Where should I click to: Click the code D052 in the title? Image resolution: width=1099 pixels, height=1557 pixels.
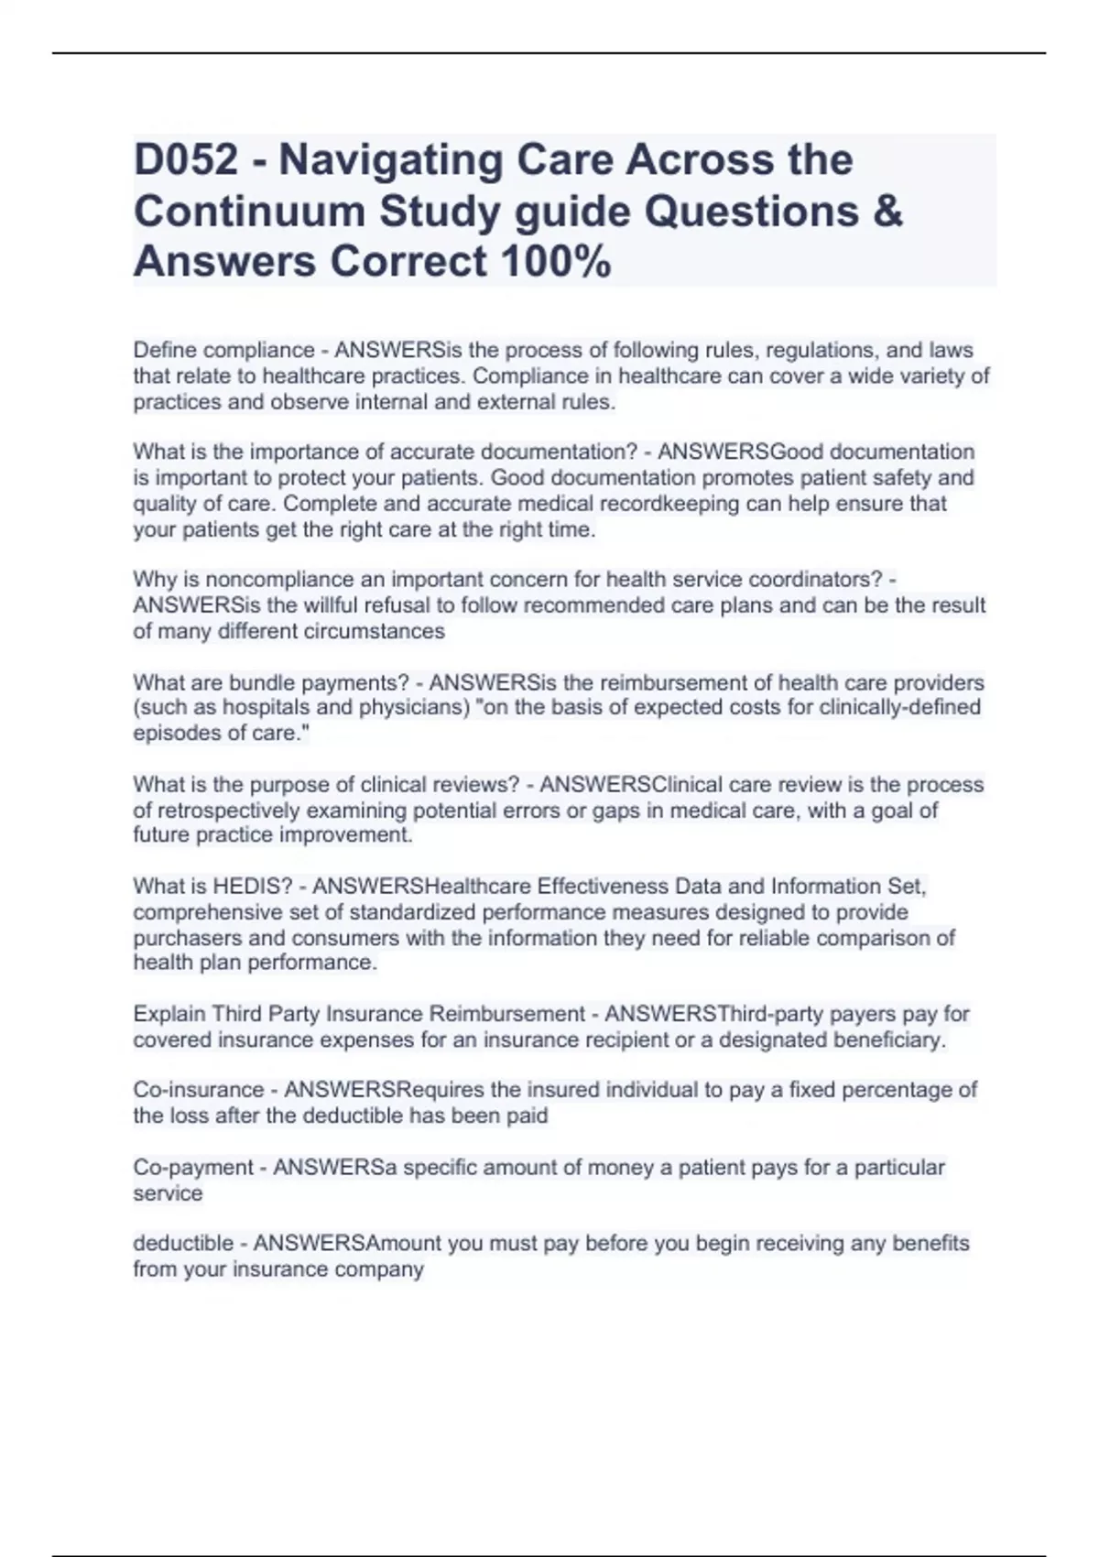pos(186,160)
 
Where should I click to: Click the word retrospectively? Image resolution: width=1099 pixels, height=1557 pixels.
pos(227,811)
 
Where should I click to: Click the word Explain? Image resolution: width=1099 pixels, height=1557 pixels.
pos(169,1014)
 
